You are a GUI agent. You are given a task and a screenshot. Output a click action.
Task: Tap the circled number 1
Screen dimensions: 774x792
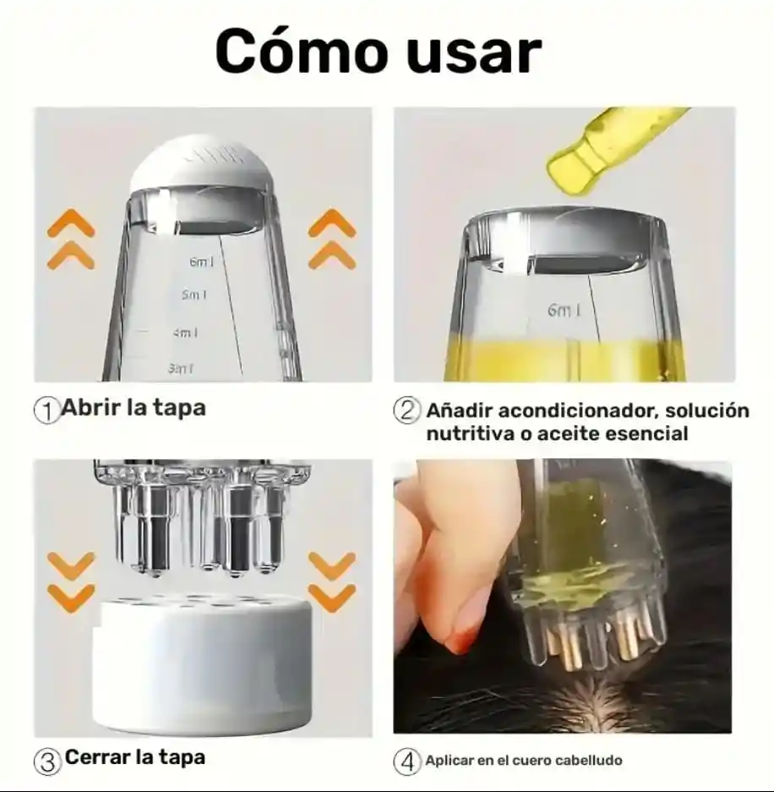46,411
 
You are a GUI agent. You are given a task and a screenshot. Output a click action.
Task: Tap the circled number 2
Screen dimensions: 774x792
406,410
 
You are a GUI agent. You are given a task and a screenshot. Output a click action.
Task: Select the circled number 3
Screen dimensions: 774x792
47,762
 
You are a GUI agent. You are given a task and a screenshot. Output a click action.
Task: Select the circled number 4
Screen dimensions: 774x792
406,762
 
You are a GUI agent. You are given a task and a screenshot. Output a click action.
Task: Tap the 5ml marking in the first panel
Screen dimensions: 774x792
194,294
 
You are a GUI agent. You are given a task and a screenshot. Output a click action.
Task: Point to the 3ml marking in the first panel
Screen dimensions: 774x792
181,369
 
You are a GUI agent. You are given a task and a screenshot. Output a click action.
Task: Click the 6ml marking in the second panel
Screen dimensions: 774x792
564,309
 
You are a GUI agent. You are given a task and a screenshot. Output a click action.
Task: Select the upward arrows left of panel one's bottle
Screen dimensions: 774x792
71,239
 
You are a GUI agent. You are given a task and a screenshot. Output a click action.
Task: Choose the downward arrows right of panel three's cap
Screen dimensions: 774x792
332,582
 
